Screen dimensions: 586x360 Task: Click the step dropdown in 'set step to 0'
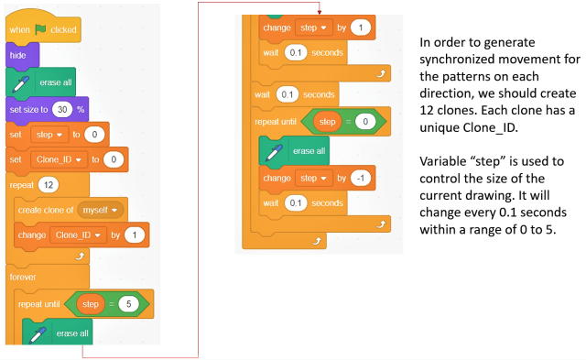pos(47,135)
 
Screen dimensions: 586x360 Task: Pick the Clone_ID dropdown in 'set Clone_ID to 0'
pos(59,160)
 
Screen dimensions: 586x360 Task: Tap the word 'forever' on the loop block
pos(24,277)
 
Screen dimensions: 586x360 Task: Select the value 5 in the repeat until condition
pos(128,302)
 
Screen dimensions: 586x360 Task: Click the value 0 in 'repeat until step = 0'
pos(364,122)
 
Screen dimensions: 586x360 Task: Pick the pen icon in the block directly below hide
pos(22,82)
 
